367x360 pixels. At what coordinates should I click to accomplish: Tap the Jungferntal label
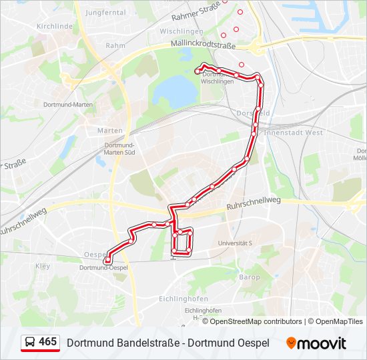[105, 12]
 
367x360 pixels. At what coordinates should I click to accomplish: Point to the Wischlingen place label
[181, 31]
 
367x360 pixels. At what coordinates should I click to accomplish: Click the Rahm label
[115, 45]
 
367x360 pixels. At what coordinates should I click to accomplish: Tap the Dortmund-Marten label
[67, 105]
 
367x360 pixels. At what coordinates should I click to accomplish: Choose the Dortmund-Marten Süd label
[120, 149]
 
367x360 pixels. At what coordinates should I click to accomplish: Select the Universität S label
[235, 243]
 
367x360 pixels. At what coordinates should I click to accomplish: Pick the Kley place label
[42, 265]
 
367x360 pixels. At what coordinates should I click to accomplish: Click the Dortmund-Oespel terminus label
[103, 268]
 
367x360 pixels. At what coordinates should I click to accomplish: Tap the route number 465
[47, 342]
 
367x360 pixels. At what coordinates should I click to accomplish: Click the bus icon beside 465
[30, 343]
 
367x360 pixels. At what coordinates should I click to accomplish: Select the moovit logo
[316, 343]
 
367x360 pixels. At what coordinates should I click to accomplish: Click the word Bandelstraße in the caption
[149, 343]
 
